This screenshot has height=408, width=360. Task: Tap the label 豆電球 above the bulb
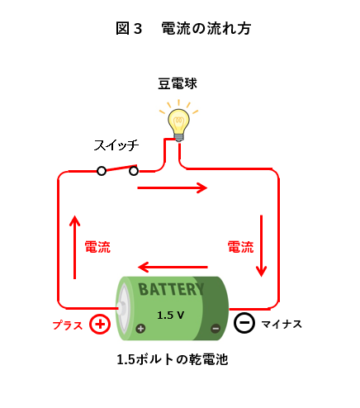pyautogui.click(x=178, y=83)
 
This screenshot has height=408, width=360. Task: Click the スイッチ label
pyautogui.click(x=116, y=145)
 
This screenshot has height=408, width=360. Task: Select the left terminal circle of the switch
pyautogui.click(x=102, y=171)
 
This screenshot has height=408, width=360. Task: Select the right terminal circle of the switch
pyautogui.click(x=134, y=171)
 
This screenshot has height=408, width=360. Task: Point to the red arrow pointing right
pyautogui.click(x=173, y=188)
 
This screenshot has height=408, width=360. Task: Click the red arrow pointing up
pyautogui.click(x=74, y=247)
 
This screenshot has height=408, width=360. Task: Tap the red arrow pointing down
pyautogui.click(x=262, y=246)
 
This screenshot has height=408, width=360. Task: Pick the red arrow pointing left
pyautogui.click(x=173, y=267)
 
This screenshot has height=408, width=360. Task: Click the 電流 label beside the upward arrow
pyautogui.click(x=97, y=247)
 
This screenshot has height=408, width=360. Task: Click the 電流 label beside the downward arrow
pyautogui.click(x=240, y=247)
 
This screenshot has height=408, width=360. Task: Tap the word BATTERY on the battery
pyautogui.click(x=171, y=289)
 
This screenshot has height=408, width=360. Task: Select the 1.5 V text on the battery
pyautogui.click(x=171, y=315)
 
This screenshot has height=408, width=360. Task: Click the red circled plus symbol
pyautogui.click(x=100, y=324)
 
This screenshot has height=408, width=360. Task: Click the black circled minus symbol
pyautogui.click(x=244, y=323)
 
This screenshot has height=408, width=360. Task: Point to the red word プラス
pyautogui.click(x=68, y=325)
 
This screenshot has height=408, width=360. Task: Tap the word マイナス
pyautogui.click(x=282, y=324)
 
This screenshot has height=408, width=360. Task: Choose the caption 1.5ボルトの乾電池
pyautogui.click(x=173, y=359)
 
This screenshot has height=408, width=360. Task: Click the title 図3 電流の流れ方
pyautogui.click(x=183, y=28)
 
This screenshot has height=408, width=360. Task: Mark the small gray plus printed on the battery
pyautogui.click(x=140, y=328)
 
